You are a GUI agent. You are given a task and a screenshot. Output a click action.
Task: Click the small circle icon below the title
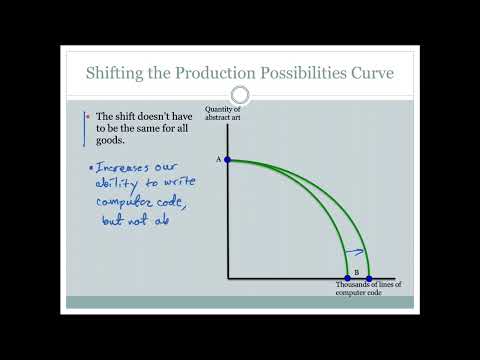(x=239, y=95)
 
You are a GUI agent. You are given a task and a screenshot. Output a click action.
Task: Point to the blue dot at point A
(x=228, y=159)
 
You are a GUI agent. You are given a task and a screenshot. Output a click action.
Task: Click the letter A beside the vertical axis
(x=217, y=159)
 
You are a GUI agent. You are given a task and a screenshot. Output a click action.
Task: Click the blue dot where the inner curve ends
(x=348, y=277)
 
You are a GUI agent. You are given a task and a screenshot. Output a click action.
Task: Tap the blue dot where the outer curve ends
(x=369, y=277)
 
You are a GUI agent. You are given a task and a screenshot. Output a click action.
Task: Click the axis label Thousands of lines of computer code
(x=368, y=289)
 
